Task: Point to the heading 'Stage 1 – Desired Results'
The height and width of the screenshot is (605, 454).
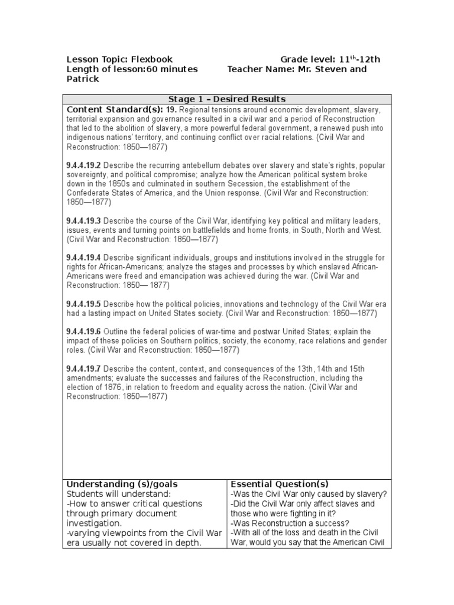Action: pos(226,99)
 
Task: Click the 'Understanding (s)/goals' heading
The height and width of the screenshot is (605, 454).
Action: pos(122,484)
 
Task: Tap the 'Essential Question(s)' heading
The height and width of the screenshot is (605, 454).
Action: pos(280,484)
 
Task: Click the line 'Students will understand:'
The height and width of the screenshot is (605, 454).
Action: pos(118,493)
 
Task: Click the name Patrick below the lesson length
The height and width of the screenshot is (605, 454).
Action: pos(83,79)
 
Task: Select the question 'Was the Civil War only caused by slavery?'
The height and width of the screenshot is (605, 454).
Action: pos(309,494)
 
